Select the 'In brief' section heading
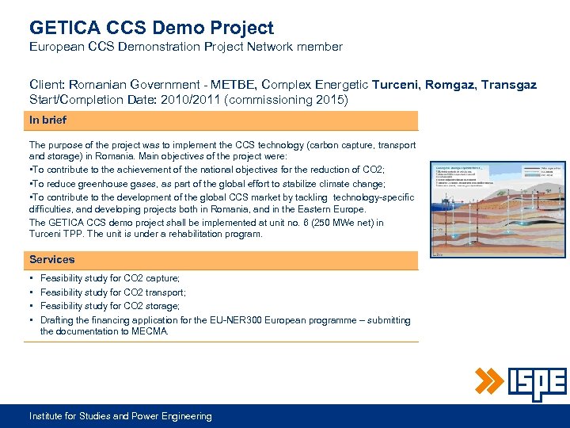[47, 120]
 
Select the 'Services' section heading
[51, 259]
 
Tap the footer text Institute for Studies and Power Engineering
[120, 416]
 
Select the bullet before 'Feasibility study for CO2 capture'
[31, 279]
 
